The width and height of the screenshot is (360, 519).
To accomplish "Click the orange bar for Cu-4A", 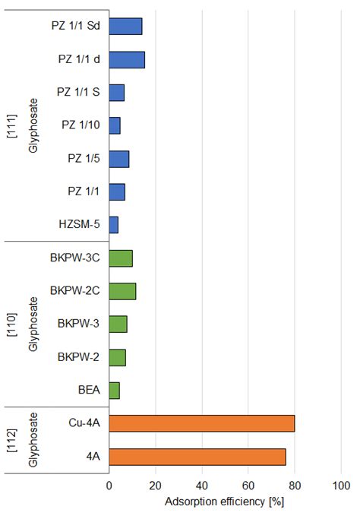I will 201,423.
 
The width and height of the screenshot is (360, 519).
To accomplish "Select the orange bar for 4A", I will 197,456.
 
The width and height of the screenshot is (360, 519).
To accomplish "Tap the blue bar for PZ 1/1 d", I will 126,59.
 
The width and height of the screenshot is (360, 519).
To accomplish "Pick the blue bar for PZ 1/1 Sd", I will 125,26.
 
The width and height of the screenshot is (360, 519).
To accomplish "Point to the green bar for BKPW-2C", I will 122,291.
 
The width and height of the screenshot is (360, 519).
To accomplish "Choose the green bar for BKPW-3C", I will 121,258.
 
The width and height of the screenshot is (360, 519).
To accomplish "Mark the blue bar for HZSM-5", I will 113,225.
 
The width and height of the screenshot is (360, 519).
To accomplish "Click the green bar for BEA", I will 114,391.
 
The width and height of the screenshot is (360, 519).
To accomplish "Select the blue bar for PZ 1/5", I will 118,159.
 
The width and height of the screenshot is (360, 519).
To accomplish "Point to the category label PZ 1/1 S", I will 80,92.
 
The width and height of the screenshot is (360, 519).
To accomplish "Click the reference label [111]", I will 11,125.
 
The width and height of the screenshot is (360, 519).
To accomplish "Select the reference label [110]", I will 11,324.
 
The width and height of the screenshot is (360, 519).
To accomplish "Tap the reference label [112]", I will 11,439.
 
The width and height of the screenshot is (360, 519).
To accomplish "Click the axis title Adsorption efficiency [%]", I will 224,502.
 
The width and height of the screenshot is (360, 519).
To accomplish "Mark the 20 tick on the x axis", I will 156,486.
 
